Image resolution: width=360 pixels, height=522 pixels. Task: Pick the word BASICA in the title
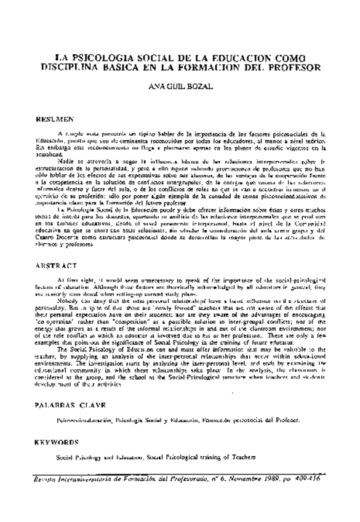tap(128, 64)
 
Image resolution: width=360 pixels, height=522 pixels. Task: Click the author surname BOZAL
tap(198, 87)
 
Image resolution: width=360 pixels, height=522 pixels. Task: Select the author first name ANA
tap(158, 87)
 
